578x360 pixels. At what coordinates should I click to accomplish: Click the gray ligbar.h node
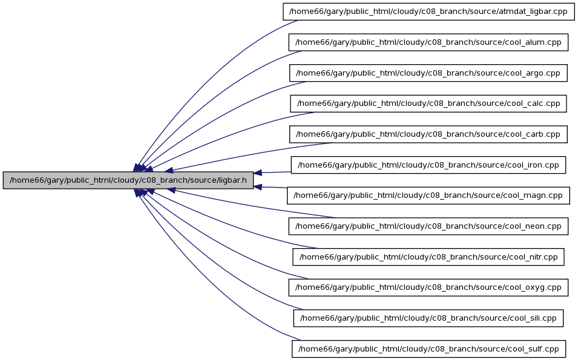128,180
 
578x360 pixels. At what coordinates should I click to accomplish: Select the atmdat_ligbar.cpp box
429,11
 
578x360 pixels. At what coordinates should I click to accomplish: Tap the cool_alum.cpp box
429,42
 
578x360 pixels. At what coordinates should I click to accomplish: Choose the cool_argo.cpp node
429,73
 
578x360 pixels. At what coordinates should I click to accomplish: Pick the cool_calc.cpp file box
429,103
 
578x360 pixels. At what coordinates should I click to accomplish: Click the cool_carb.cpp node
429,134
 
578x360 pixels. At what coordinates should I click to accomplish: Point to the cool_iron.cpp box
429,165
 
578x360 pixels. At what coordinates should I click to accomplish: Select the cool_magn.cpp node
429,195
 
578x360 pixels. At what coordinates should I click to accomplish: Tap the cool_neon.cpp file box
429,226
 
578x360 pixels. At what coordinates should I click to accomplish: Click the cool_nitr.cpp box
429,257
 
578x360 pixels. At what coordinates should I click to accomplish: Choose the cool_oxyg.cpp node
429,287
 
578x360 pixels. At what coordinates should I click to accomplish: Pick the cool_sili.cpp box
429,318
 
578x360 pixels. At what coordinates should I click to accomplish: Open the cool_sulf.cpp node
429,349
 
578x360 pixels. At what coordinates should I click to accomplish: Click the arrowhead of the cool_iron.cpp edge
258,172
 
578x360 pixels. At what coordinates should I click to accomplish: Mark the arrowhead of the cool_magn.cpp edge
258,187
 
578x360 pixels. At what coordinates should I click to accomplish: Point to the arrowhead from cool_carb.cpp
169,170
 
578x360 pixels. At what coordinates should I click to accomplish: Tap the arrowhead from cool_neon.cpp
171,190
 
